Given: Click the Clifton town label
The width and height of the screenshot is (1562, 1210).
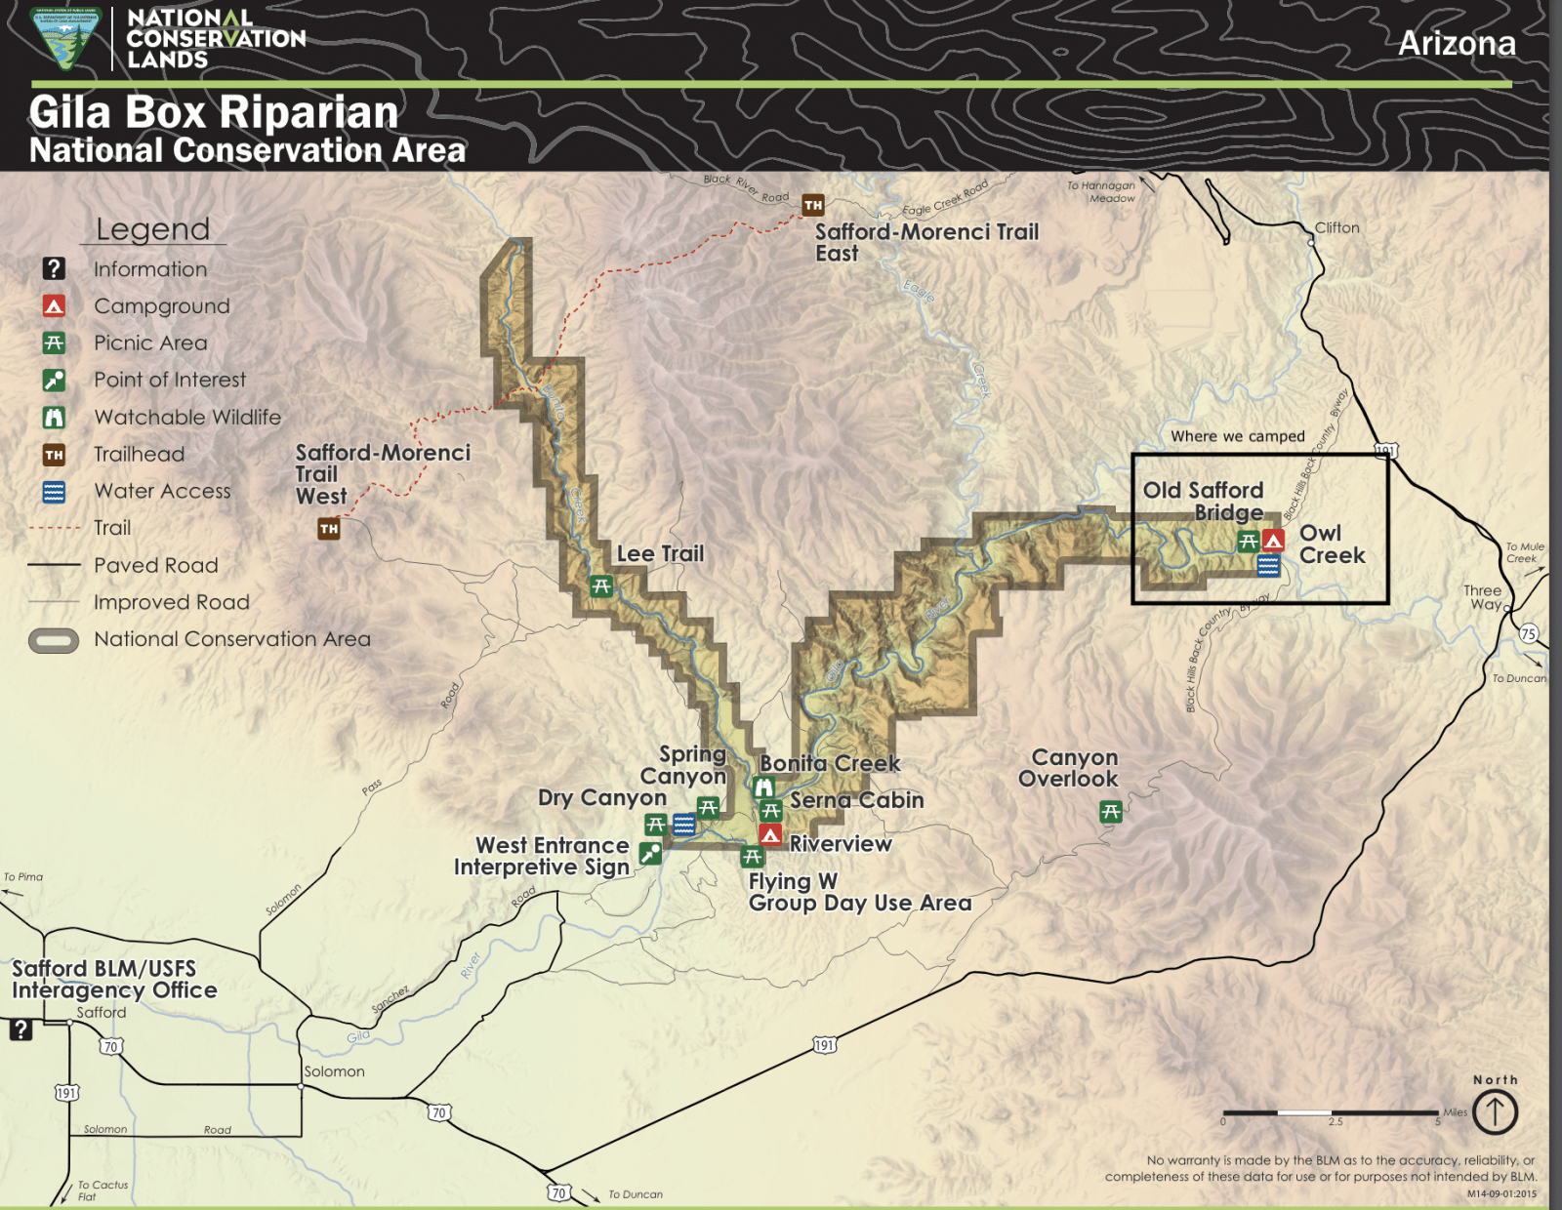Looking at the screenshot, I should (x=1336, y=227).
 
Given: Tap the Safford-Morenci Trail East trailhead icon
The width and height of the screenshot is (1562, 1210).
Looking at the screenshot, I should (x=812, y=205).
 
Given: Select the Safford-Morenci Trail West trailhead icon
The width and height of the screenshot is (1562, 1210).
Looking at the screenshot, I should (x=329, y=529).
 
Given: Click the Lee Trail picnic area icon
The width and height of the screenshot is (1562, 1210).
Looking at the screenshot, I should (x=601, y=586).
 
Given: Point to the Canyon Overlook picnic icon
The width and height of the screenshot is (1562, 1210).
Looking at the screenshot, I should (x=1110, y=811).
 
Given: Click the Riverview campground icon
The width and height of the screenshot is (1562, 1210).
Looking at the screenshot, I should (x=770, y=835).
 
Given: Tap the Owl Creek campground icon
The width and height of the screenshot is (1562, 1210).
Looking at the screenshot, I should (x=1273, y=540).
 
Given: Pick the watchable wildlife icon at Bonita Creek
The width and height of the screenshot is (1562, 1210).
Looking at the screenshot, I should (x=763, y=786).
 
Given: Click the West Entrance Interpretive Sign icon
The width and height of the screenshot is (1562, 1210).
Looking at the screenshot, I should (x=650, y=854).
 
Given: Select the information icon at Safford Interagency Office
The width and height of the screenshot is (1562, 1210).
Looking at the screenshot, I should (x=21, y=1028).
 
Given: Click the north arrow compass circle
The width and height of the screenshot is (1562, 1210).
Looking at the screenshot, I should (x=1495, y=1111).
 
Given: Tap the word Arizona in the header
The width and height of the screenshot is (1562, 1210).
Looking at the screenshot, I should (x=1457, y=44).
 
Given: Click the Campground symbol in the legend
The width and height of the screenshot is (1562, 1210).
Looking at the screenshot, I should (x=54, y=306).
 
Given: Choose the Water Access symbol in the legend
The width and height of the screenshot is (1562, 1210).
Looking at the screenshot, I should (x=54, y=492).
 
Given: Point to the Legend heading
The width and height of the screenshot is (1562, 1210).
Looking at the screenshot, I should (x=153, y=229).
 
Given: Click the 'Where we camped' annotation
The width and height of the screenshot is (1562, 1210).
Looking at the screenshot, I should (x=1237, y=436).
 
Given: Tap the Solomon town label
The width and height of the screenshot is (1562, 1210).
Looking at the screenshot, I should (x=334, y=1070).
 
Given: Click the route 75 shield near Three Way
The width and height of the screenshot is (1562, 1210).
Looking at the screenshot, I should (x=1529, y=633).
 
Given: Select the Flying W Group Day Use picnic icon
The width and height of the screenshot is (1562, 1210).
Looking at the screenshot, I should (x=752, y=857).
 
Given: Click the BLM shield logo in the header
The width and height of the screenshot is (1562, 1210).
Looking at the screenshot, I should (x=65, y=38).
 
